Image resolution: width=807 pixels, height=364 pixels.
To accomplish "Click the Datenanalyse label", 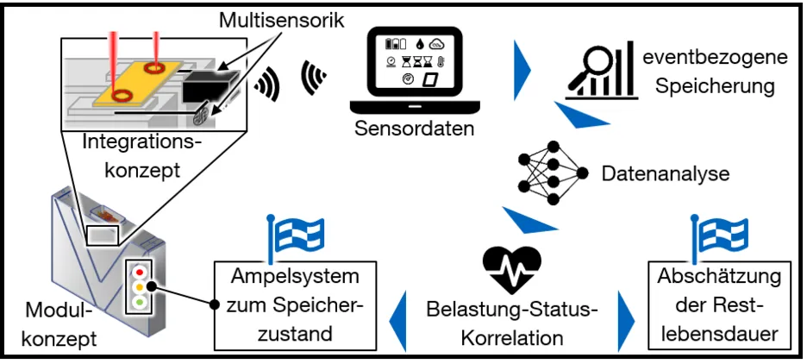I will (654, 173).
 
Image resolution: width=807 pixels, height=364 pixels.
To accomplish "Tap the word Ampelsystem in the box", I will (295, 279).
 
